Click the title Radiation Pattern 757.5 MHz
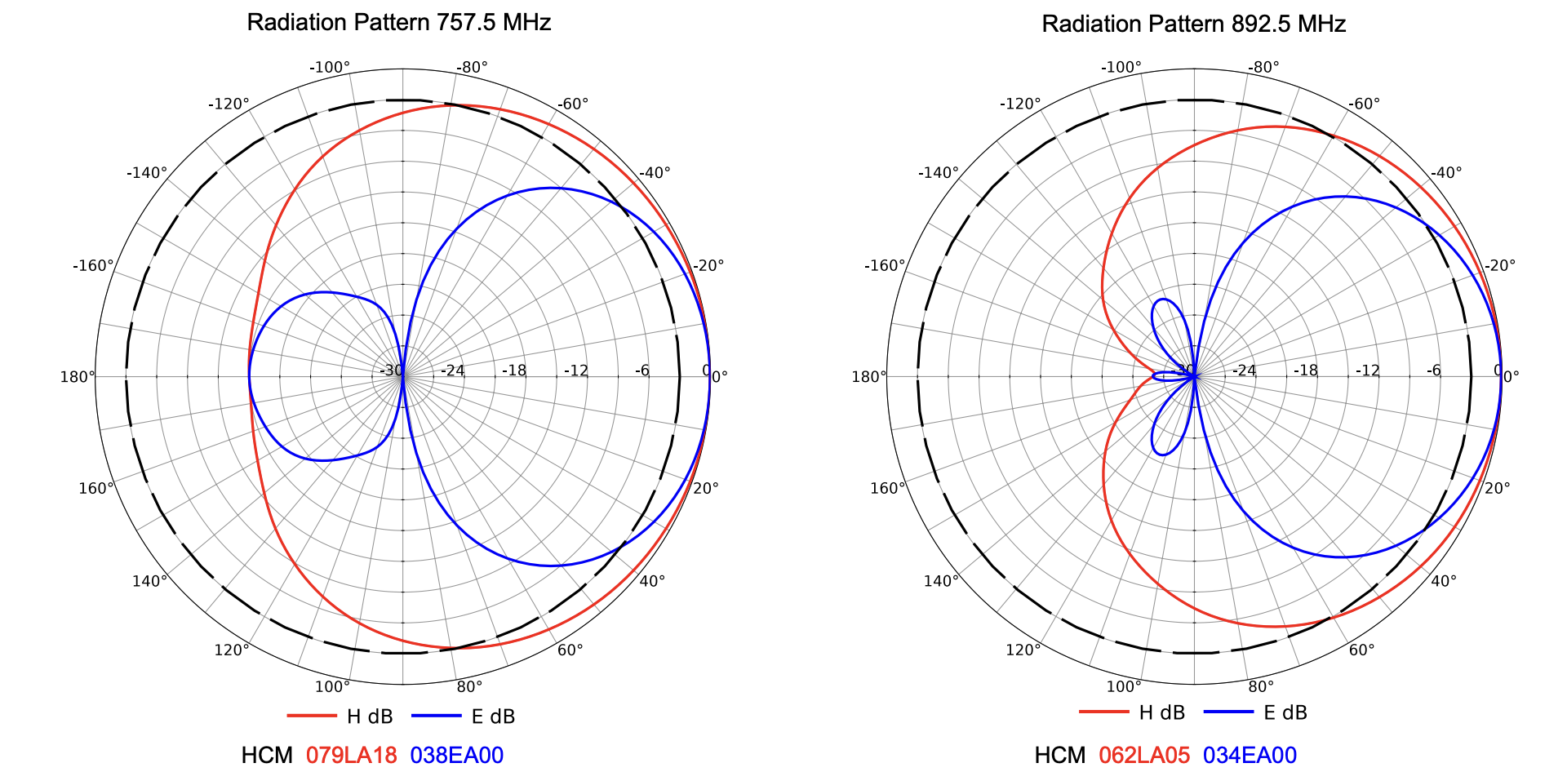[398, 22]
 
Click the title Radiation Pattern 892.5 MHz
[1193, 24]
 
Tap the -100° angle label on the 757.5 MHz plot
[330, 67]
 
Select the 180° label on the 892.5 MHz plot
[869, 376]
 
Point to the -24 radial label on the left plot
[452, 370]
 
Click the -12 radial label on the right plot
[1367, 370]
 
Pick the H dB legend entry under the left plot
[369, 717]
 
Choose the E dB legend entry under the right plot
[1285, 712]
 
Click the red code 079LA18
[352, 755]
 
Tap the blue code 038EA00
[456, 755]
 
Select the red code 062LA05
[1144, 755]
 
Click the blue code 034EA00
[1250, 755]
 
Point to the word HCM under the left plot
[267, 755]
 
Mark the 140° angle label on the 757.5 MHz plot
[149, 581]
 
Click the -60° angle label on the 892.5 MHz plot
[1364, 104]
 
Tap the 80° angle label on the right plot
[1261, 687]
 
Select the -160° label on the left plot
[93, 265]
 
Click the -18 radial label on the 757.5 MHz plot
[513, 370]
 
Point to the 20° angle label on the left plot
[705, 488]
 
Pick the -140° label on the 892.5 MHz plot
[939, 172]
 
